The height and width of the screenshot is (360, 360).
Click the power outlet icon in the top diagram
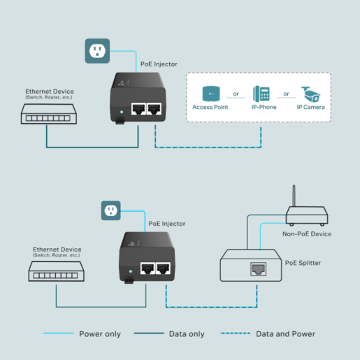(x=96, y=51)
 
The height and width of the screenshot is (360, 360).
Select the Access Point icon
(x=210, y=94)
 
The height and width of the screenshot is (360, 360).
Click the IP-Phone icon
(x=263, y=94)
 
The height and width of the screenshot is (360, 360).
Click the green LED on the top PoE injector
(x=122, y=110)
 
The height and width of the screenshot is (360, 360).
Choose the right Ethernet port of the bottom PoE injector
(x=165, y=267)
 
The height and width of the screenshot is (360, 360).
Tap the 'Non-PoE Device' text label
(x=306, y=233)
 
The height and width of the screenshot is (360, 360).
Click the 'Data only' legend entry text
(x=187, y=333)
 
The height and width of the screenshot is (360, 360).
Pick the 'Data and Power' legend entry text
(x=285, y=333)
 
